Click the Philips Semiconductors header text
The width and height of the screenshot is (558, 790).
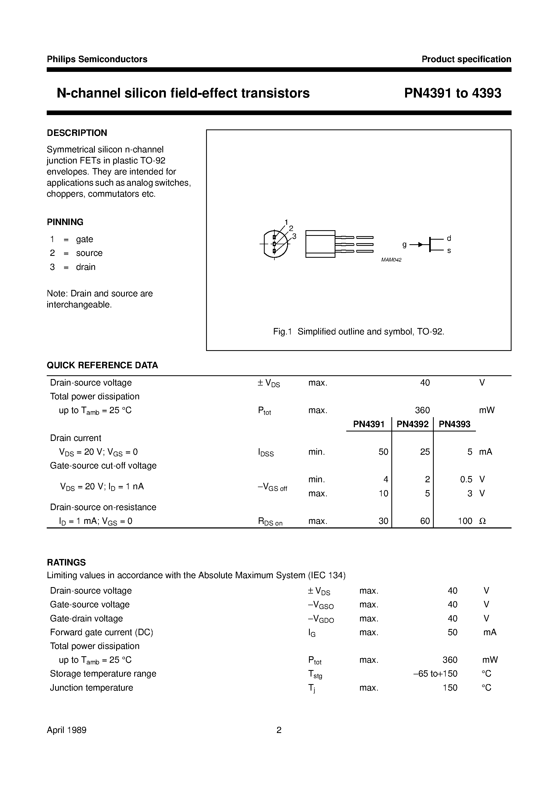[x=97, y=59]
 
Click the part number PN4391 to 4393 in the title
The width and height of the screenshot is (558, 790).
[x=452, y=93]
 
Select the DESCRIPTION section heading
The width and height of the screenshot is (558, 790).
[x=77, y=133]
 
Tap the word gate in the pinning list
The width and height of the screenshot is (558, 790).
[x=85, y=239]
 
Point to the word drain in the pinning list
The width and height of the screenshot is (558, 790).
[x=86, y=267]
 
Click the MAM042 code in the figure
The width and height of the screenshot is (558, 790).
[x=391, y=260]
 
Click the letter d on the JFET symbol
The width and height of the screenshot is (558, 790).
[x=449, y=238]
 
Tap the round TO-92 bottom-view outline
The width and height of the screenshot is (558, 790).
[x=275, y=244]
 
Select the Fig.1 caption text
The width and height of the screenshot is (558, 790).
[x=358, y=332]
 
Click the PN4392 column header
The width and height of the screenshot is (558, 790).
[x=412, y=424]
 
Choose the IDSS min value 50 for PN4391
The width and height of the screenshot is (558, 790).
[x=383, y=452]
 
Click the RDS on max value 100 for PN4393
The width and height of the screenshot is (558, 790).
[x=465, y=521]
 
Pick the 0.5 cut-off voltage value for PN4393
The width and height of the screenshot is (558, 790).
[x=466, y=479]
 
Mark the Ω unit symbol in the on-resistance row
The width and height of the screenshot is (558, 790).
[x=482, y=521]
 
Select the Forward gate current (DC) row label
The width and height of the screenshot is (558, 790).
[x=102, y=632]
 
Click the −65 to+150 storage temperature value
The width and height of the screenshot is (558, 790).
[x=435, y=674]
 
